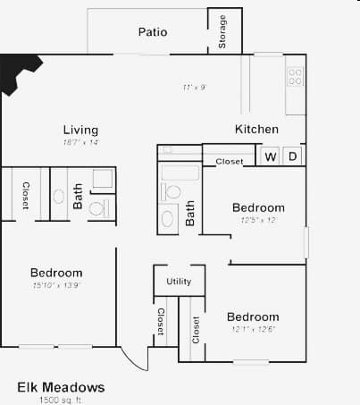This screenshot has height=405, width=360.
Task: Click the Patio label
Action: tap(152, 32)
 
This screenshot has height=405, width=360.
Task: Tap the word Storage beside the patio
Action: tap(222, 32)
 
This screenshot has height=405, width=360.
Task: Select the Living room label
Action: tap(80, 130)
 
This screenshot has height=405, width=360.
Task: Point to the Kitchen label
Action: tap(256, 130)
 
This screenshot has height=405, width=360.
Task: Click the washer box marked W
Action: tap(270, 157)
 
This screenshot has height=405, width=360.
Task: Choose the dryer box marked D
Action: tap(292, 157)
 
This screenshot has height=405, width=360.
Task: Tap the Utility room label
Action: tap(179, 282)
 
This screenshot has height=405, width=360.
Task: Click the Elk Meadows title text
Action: tap(61, 387)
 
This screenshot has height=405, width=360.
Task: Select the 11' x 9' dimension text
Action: tap(195, 88)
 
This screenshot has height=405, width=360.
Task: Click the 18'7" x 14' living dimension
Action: tap(80, 142)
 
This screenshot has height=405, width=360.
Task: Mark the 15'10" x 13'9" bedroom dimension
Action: tap(56, 285)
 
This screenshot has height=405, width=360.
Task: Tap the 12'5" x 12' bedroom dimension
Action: tap(258, 220)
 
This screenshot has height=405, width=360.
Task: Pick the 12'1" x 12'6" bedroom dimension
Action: tap(252, 329)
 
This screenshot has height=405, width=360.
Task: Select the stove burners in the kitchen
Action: tap(295, 77)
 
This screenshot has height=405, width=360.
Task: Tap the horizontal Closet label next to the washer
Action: tap(230, 162)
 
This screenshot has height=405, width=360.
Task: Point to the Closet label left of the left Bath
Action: tap(26, 195)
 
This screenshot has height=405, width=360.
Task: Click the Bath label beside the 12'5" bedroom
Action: tap(190, 213)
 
